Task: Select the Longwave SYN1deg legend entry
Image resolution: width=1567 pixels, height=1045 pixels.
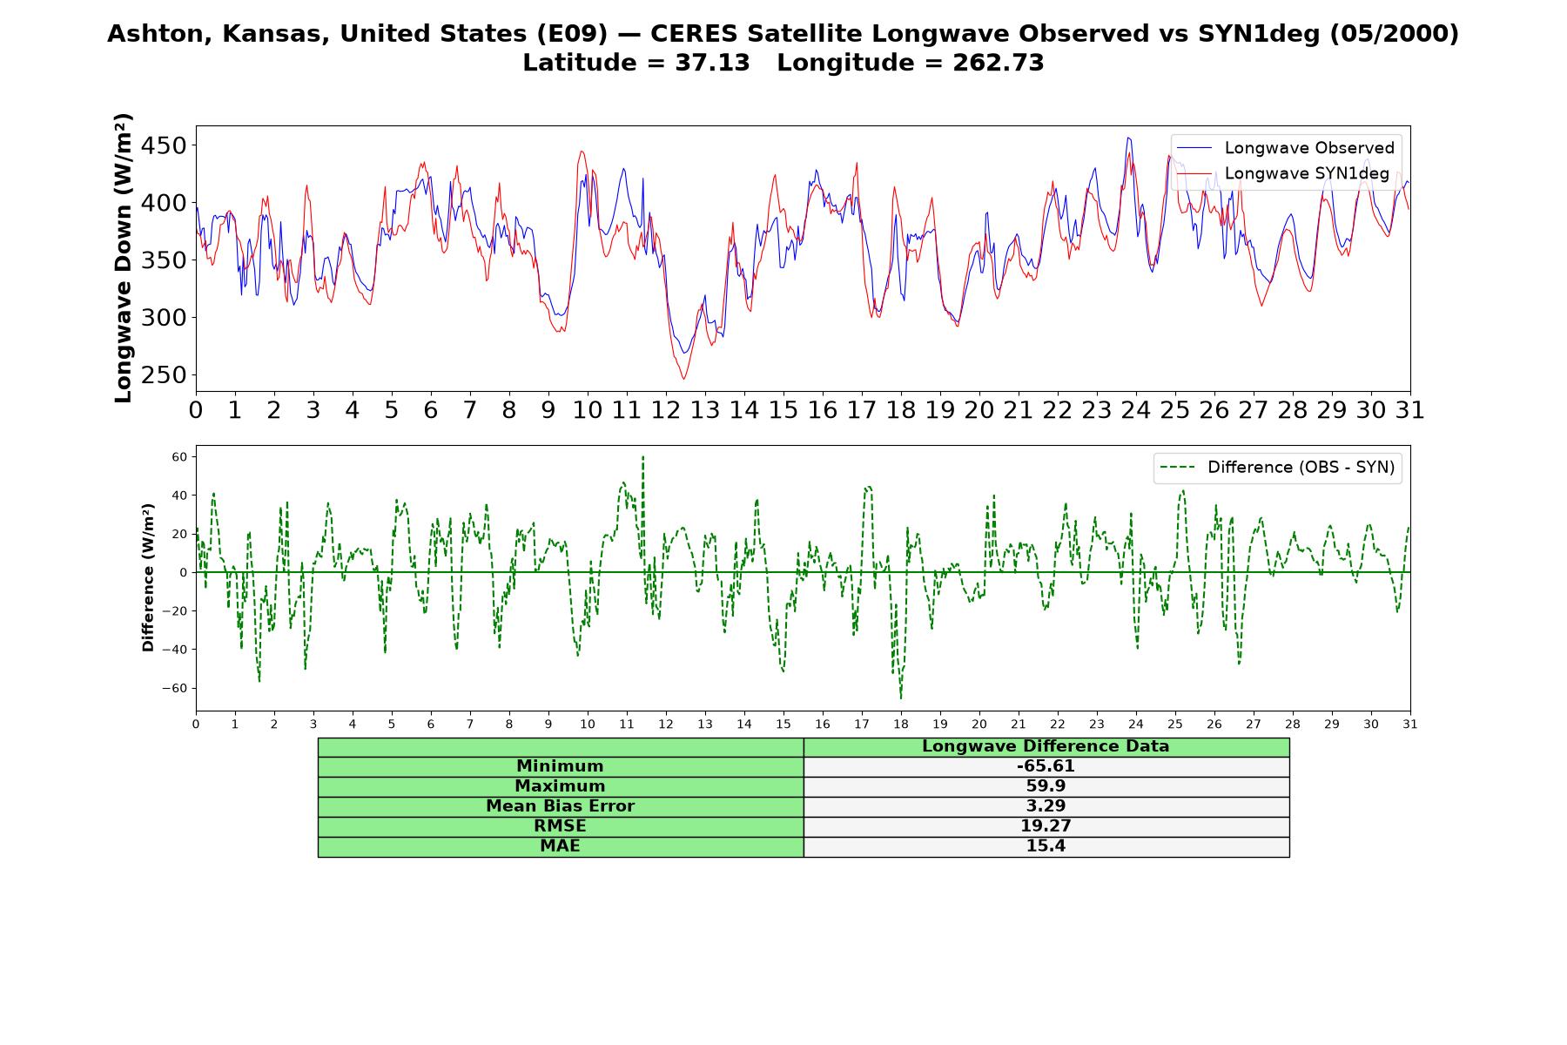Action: pos(1282,173)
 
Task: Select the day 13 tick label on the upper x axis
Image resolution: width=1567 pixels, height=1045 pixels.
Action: pos(704,410)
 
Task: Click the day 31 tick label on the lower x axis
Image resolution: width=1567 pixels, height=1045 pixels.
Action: pos(1410,724)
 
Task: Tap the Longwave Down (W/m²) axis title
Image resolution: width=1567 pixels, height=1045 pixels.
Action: pos(124,258)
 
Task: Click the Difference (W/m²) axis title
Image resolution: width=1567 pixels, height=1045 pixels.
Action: pos(148,577)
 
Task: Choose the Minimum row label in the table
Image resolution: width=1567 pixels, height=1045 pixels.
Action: pos(560,766)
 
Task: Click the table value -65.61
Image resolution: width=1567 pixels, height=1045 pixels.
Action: pos(1046,766)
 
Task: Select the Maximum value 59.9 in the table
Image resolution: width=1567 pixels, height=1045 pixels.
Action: pos(1046,786)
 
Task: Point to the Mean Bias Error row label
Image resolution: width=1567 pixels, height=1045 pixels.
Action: pos(560,806)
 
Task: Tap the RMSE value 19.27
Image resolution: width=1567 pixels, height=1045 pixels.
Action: pos(1046,826)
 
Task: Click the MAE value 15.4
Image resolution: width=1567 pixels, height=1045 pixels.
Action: pos(1046,846)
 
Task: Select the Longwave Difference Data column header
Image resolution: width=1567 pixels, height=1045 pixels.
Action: pos(1046,746)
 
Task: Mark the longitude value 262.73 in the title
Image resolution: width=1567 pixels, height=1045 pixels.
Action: pos(999,63)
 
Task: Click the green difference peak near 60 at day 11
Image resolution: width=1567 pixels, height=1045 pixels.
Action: pos(643,457)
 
